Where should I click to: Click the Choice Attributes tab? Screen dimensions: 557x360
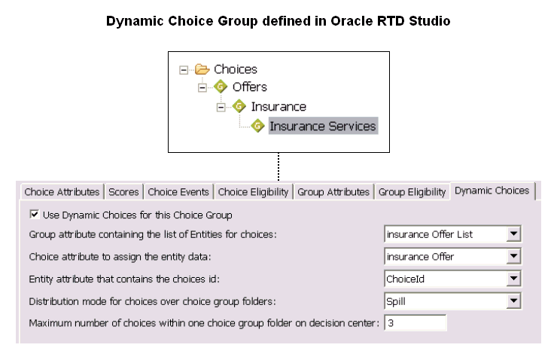click(x=62, y=192)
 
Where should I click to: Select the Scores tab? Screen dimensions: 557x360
click(x=123, y=192)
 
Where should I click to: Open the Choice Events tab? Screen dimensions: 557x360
click(x=178, y=192)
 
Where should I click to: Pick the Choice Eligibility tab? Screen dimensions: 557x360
click(x=253, y=192)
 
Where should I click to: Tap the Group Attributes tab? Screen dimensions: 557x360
click(x=333, y=192)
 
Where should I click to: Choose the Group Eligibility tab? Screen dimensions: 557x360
click(x=412, y=192)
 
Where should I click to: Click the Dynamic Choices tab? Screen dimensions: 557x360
click(x=492, y=191)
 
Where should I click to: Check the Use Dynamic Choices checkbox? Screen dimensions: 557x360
click(x=34, y=215)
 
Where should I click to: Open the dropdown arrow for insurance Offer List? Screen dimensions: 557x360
click(x=513, y=233)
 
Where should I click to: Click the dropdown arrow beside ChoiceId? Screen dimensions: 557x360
click(x=513, y=279)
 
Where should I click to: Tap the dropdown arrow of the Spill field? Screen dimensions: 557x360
click(x=513, y=301)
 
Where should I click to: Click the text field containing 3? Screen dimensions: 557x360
click(x=415, y=323)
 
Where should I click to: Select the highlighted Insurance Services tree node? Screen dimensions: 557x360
click(x=323, y=127)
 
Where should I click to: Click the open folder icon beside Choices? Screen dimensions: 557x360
click(x=202, y=69)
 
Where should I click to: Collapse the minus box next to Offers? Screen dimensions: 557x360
click(x=202, y=87)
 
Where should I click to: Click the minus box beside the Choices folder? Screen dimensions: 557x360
click(x=184, y=69)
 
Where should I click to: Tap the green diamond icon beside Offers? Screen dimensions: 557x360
click(x=221, y=87)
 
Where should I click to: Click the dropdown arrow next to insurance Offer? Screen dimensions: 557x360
click(x=513, y=256)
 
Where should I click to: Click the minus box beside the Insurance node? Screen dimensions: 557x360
click(x=221, y=107)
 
